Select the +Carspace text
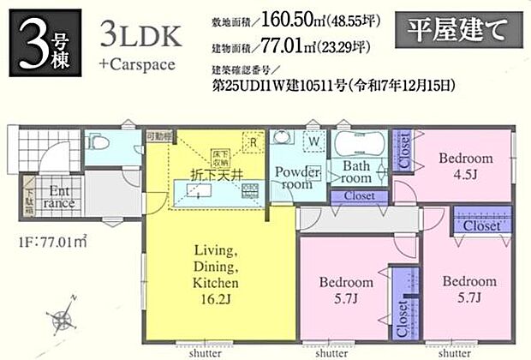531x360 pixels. pyautogui.click(x=136, y=63)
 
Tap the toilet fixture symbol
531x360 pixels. pyautogui.click(x=98, y=141)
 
